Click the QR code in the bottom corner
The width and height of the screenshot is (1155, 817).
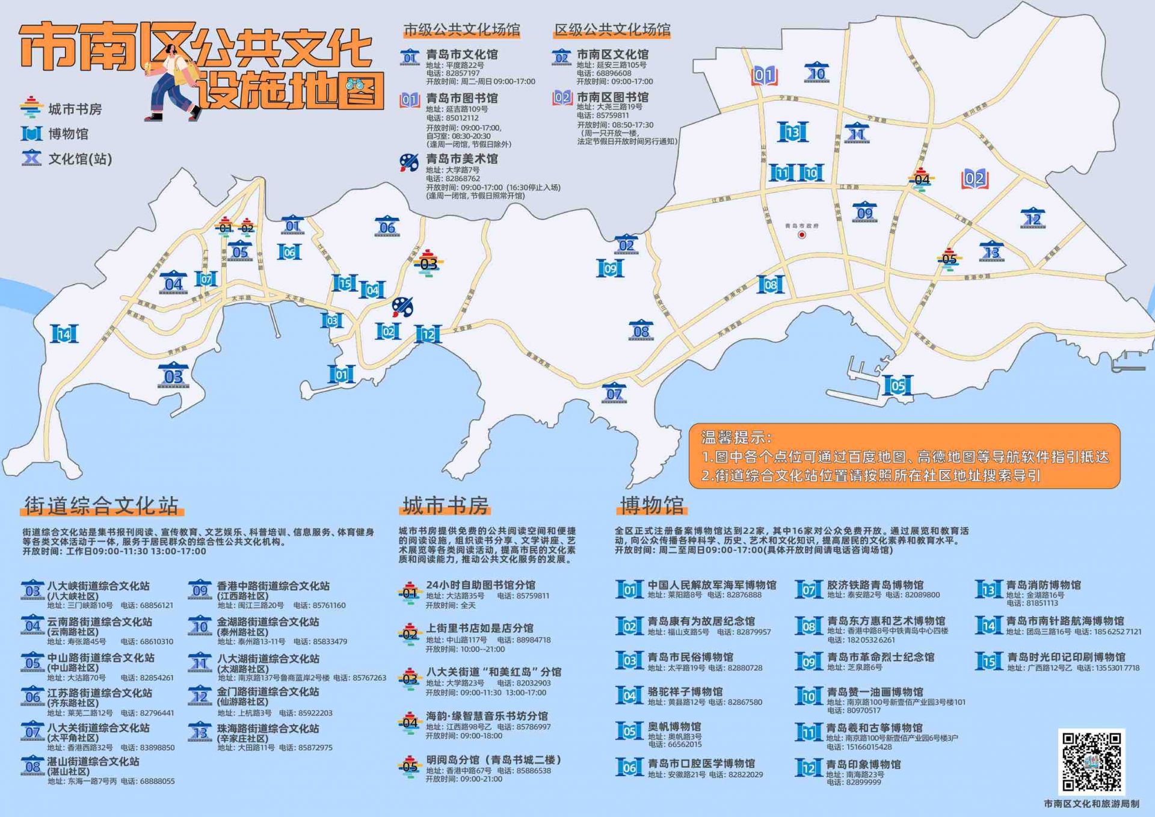tap(1091, 761)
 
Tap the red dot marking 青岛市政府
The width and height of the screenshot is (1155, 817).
tap(802, 235)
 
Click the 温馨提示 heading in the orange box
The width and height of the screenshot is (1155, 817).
tap(736, 437)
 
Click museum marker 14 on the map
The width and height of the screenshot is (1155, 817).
tap(64, 334)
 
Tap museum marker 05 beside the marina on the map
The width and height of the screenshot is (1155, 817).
tap(898, 386)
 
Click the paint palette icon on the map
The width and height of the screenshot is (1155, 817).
tap(402, 307)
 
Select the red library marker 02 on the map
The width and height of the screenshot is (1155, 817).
tap(975, 179)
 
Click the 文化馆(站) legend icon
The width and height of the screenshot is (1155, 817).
tap(31, 159)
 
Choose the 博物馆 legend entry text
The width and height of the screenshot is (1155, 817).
tap(68, 134)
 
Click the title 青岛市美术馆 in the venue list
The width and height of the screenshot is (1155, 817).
tap(461, 159)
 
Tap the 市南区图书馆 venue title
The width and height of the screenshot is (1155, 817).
tap(612, 97)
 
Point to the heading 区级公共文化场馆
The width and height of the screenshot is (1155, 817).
tap(612, 29)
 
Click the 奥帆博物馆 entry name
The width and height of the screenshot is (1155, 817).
tap(674, 727)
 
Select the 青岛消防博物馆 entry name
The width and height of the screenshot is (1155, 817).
tap(1043, 585)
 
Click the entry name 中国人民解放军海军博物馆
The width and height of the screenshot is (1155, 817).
tap(712, 585)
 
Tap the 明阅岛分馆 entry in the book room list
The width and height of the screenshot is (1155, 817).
tap(493, 760)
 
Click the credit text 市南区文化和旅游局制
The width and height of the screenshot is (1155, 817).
tap(1091, 804)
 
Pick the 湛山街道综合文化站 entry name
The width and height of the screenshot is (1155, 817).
tap(93, 762)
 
